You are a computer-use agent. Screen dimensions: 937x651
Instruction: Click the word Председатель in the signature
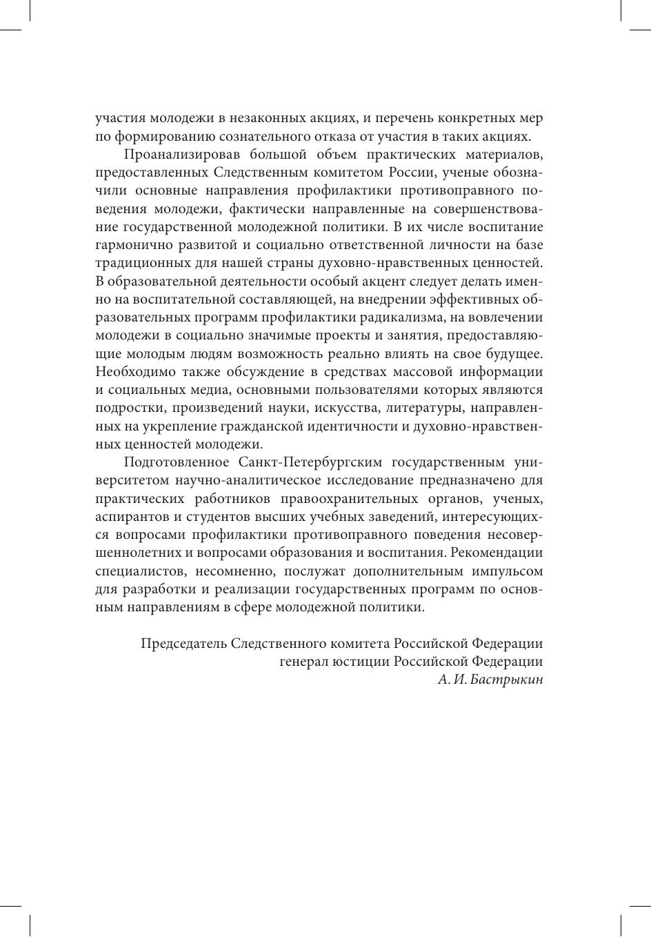(183, 644)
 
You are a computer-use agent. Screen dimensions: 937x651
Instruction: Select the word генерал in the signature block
(301, 662)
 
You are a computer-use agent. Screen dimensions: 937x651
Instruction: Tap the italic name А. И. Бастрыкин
(490, 680)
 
